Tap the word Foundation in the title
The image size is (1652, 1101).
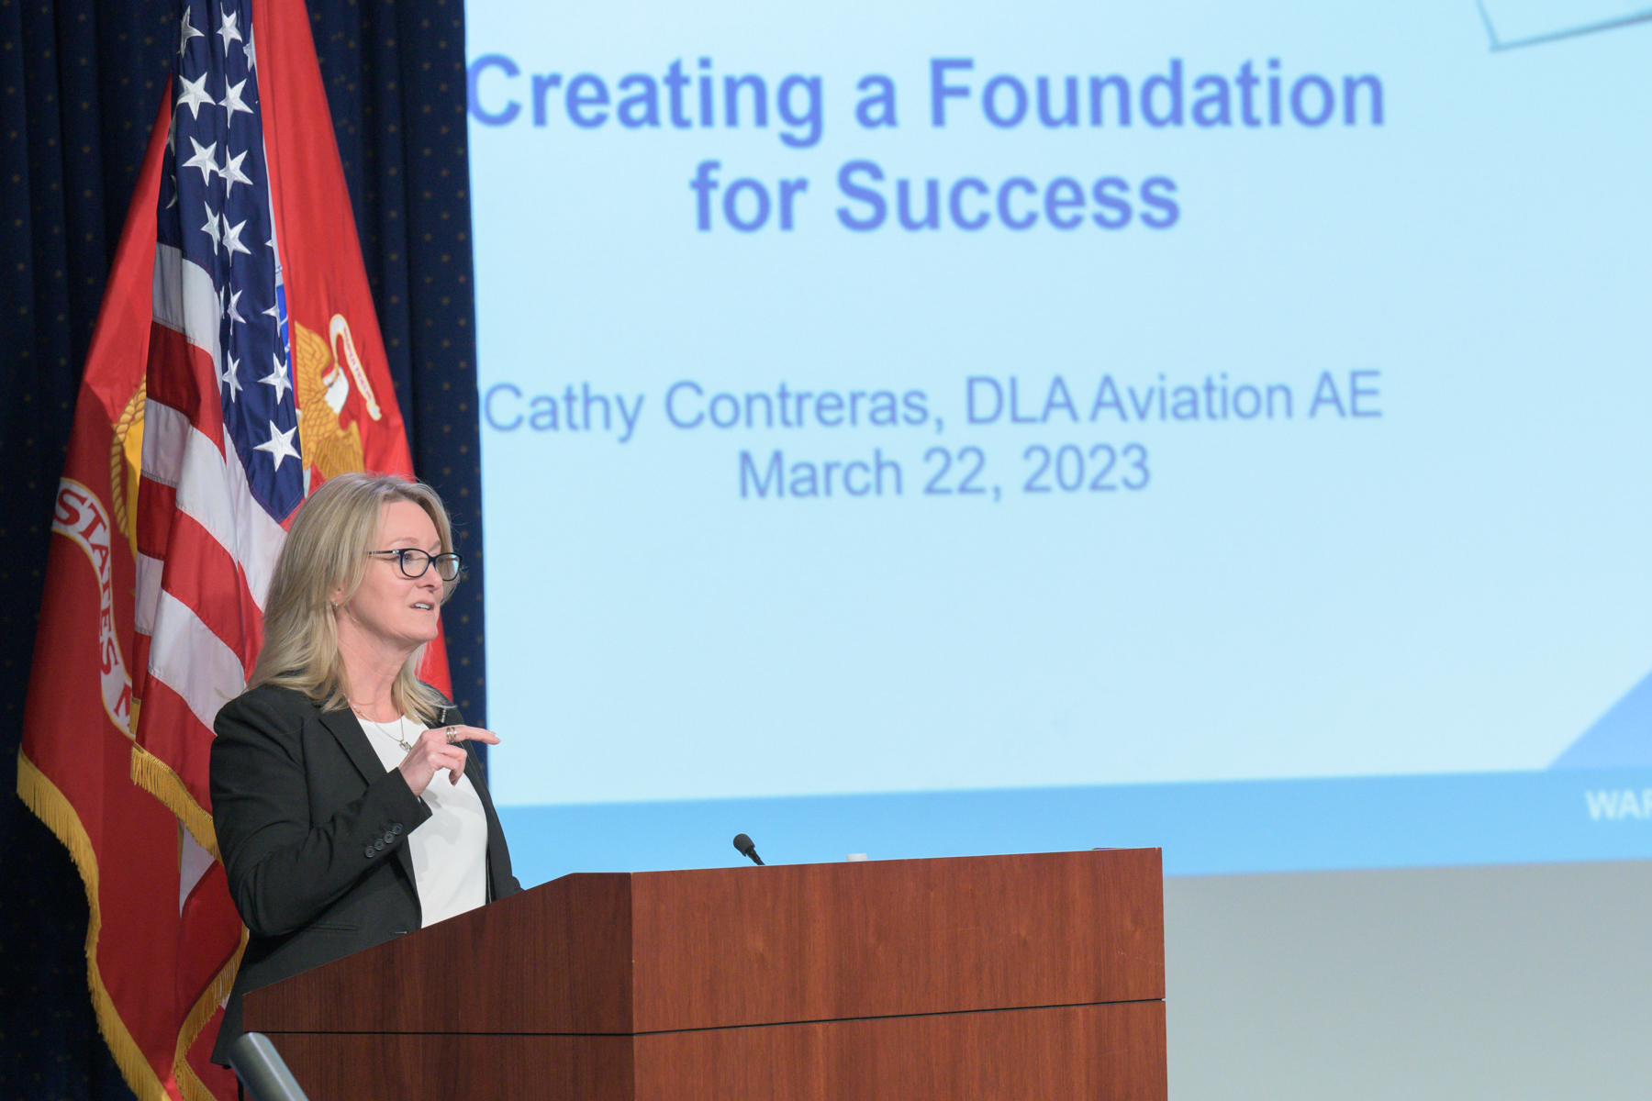[1155, 93]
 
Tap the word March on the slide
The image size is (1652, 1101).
[821, 473]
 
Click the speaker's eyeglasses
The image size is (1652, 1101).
[418, 563]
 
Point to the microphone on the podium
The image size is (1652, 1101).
[747, 848]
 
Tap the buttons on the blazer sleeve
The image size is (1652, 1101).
[384, 840]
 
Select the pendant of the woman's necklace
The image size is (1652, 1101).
[404, 745]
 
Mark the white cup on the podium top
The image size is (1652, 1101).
[856, 857]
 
